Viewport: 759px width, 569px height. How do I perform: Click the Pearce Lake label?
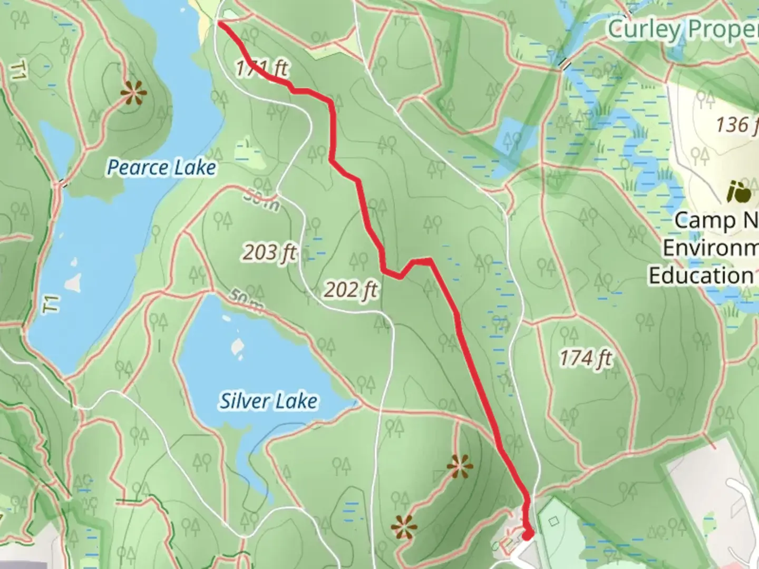(x=161, y=168)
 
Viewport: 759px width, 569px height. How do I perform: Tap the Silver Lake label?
(x=268, y=401)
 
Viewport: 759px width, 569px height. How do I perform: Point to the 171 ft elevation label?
(x=261, y=68)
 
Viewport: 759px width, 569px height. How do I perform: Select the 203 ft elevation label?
(x=269, y=253)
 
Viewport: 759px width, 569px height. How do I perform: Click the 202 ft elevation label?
(x=351, y=289)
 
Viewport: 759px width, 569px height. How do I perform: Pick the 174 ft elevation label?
(x=586, y=359)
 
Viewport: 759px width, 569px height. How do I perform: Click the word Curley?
(x=645, y=30)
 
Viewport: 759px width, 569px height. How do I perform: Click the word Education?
(x=701, y=276)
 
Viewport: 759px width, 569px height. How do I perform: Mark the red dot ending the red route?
(x=528, y=535)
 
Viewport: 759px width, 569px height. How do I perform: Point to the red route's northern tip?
(x=219, y=23)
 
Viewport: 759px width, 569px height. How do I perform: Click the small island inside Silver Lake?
(x=238, y=347)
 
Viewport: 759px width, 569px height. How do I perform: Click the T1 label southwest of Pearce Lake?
(x=51, y=305)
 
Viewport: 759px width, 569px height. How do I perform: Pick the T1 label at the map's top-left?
(x=19, y=71)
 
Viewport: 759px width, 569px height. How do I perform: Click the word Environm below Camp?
(x=709, y=248)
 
